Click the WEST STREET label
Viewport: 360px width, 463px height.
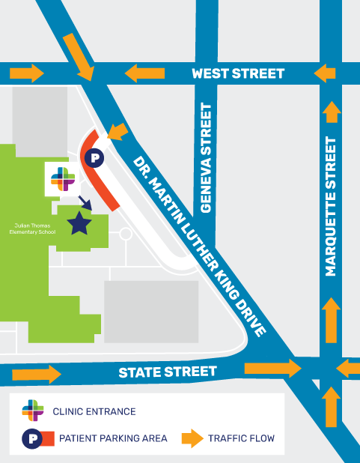[x=238, y=73]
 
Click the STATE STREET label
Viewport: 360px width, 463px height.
[x=168, y=372]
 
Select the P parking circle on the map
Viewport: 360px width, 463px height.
[x=94, y=157]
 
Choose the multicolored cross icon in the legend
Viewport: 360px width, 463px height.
[x=33, y=411]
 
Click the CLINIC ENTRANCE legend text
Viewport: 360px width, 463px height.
[x=94, y=411]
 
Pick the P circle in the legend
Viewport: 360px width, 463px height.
[x=32, y=440]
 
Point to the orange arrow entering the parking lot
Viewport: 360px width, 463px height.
[x=118, y=132]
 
